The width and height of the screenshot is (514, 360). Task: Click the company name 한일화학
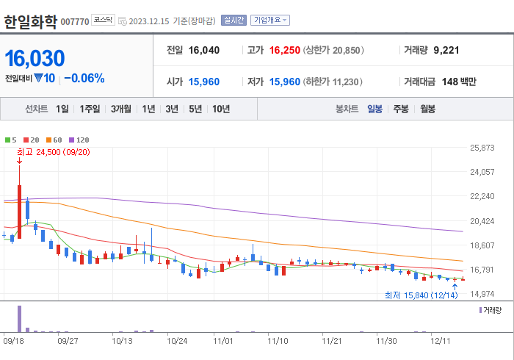30,21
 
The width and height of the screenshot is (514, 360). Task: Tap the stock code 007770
75,22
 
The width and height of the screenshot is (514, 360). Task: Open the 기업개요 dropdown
270,21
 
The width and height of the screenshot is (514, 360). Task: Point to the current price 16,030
35,59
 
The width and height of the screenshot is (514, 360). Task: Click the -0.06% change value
84,79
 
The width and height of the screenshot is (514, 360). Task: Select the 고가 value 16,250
285,51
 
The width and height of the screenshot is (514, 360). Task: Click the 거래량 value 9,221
446,51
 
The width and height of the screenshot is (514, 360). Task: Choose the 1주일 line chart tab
90,109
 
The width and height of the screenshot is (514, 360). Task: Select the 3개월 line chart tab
121,109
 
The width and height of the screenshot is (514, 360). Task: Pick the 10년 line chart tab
220,109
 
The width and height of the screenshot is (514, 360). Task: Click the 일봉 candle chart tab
374,109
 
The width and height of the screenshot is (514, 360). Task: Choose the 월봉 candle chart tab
427,109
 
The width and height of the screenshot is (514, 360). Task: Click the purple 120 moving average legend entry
79,140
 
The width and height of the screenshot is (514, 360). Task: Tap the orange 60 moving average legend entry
54,140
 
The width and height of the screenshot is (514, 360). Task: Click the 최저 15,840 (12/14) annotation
421,295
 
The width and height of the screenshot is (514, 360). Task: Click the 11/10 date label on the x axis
278,341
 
